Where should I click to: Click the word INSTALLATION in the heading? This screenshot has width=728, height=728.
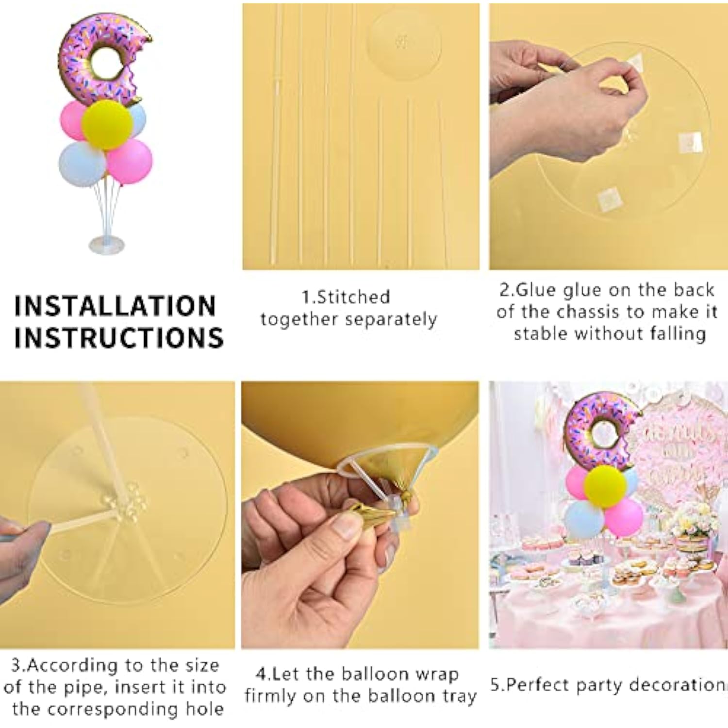(x=115, y=306)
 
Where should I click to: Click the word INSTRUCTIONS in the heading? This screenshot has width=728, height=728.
(x=119, y=337)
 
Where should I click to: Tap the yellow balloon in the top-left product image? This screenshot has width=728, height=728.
(x=107, y=125)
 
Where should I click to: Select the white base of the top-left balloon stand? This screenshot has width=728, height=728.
(x=107, y=244)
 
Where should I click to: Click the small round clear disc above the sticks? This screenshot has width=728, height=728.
(x=404, y=43)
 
